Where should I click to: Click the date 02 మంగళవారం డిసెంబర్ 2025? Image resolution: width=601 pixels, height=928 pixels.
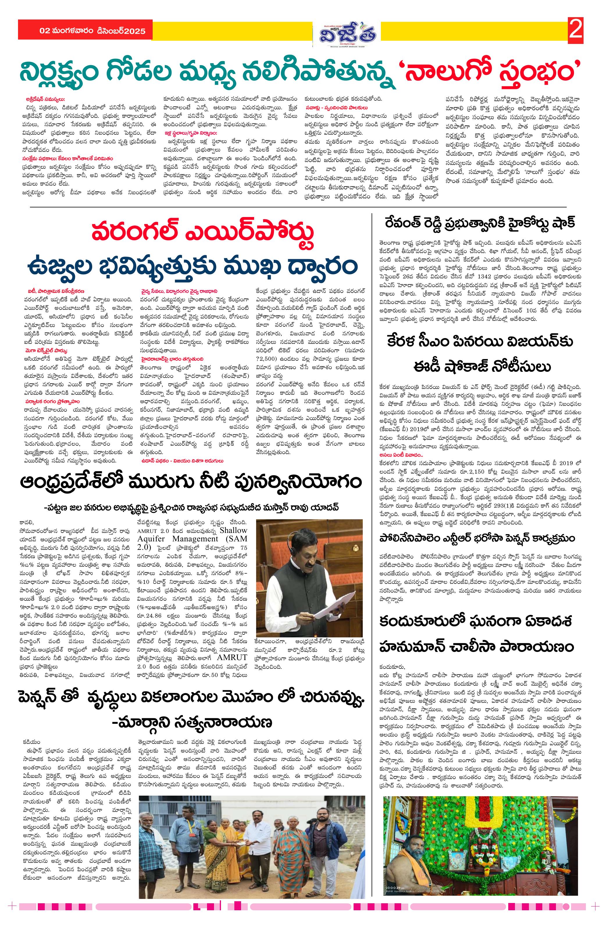[92, 31]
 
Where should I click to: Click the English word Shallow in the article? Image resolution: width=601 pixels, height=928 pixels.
[233, 530]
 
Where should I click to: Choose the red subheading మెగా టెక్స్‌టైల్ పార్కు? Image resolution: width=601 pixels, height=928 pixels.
[46, 351]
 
